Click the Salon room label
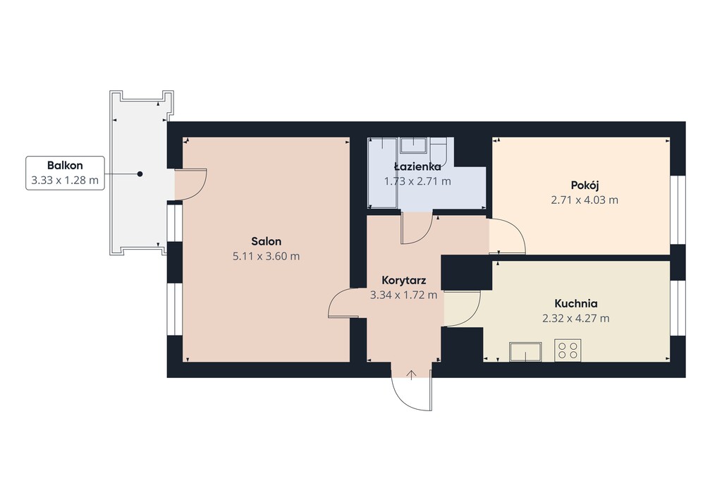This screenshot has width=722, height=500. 266,241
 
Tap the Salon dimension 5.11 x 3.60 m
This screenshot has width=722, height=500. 266,256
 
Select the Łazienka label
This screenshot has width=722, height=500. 417,166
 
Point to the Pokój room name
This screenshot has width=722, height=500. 585,185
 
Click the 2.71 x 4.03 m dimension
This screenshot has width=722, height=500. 585,200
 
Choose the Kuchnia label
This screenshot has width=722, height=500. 575,303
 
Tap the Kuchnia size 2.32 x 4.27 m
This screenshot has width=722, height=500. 575,318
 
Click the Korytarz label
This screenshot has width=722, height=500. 404,281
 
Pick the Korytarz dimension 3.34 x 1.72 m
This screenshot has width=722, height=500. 404,295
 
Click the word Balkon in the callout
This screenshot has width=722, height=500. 65,165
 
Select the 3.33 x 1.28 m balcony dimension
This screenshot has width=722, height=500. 65,180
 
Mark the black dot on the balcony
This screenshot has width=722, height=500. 140,174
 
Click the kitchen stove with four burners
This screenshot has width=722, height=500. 568,350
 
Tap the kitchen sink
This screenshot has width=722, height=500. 526,352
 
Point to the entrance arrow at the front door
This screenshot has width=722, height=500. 411,374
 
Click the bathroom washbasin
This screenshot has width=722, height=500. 414,145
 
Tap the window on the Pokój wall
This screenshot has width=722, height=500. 678,209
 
